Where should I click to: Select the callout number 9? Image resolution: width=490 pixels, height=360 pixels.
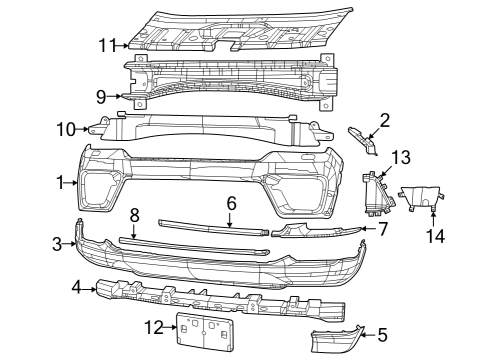tap(101, 97)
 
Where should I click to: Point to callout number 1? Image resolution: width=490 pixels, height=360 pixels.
tap(62, 183)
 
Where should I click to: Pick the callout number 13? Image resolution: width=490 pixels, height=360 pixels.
tap(400, 157)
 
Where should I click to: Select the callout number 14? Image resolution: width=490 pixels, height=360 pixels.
tap(432, 236)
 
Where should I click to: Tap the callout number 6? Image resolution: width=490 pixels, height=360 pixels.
tap(231, 202)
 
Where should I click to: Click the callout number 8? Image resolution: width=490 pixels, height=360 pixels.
tap(134, 215)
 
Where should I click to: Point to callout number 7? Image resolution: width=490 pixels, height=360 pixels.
tap(382, 228)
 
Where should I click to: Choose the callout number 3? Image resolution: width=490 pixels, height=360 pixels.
tap(58, 243)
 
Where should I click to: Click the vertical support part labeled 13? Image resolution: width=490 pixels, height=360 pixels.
tap(375, 193)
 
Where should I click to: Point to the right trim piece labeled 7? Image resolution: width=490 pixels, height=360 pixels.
tap(315, 233)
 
